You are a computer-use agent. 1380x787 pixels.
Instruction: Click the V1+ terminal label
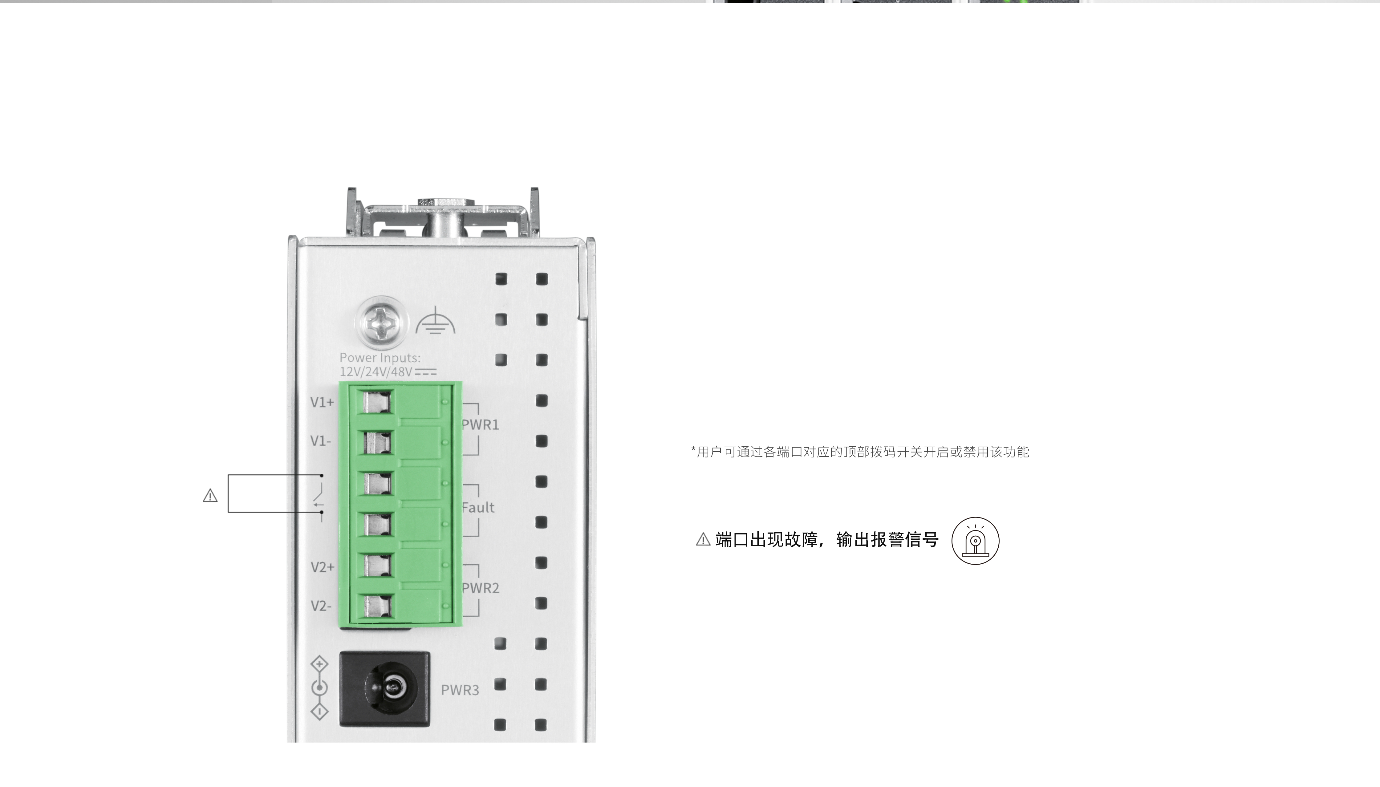point(322,402)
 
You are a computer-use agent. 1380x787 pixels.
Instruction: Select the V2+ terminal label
point(322,567)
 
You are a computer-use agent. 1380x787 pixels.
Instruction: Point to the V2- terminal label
point(321,606)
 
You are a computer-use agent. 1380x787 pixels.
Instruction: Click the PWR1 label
point(480,425)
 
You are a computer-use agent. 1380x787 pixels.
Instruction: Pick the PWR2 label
point(480,588)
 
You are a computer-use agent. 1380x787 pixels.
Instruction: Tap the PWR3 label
point(460,690)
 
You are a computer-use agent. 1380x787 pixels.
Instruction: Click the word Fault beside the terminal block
point(478,508)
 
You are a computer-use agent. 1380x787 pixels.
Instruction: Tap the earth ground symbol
point(435,321)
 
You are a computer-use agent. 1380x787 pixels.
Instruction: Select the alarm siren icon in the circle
point(975,541)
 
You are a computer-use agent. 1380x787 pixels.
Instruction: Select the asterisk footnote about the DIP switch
point(860,452)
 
